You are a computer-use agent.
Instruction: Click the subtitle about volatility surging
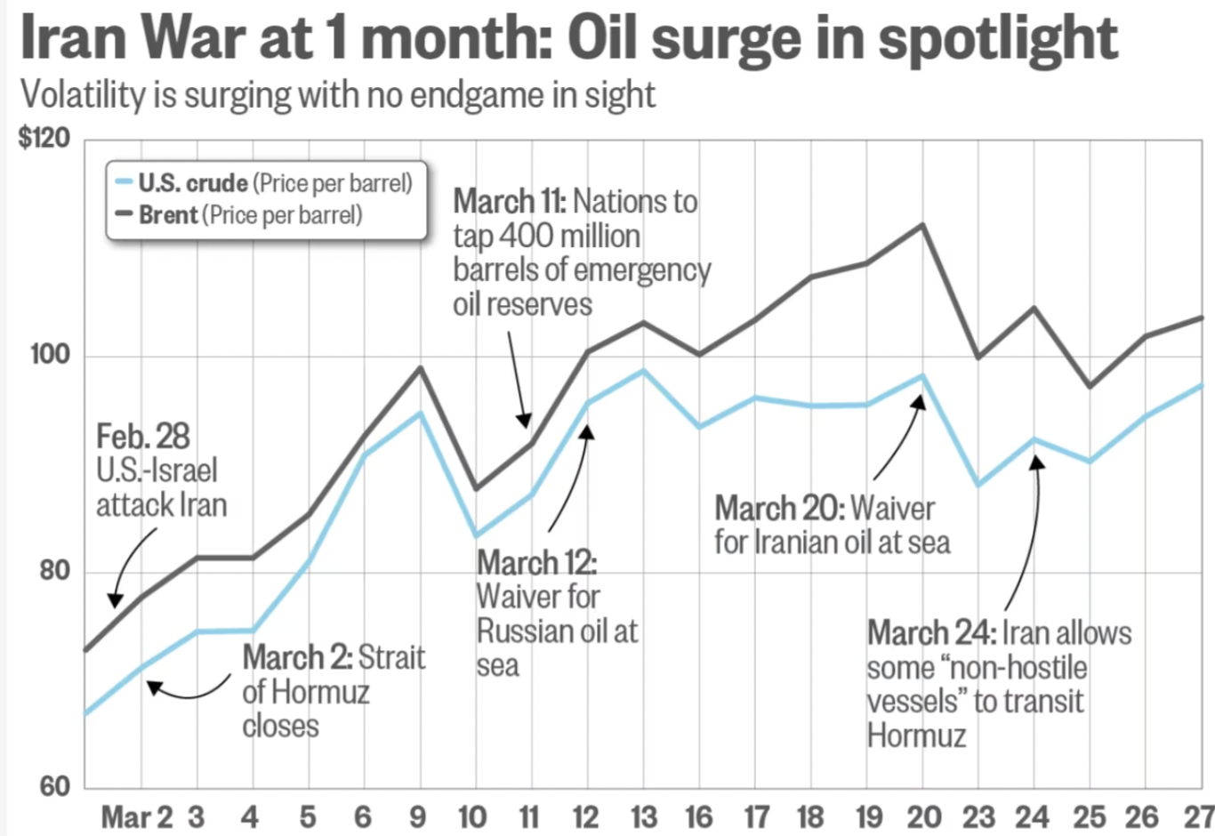[x=338, y=94]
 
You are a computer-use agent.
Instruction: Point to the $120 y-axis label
[x=44, y=138]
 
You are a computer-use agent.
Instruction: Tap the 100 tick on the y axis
[x=50, y=354]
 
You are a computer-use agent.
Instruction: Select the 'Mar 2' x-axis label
[x=137, y=816]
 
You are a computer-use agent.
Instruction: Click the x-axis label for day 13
[x=643, y=816]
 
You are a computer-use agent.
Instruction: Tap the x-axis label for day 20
[x=923, y=816]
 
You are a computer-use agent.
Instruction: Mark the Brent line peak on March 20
[x=922, y=224]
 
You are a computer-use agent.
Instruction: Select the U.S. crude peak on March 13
[x=643, y=370]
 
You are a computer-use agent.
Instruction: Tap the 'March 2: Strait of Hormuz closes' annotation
[x=333, y=691]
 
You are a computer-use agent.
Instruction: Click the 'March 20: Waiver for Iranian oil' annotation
[x=832, y=525]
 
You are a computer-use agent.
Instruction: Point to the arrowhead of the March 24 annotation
[x=1036, y=462]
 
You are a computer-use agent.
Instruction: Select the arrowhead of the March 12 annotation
[x=586, y=431]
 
